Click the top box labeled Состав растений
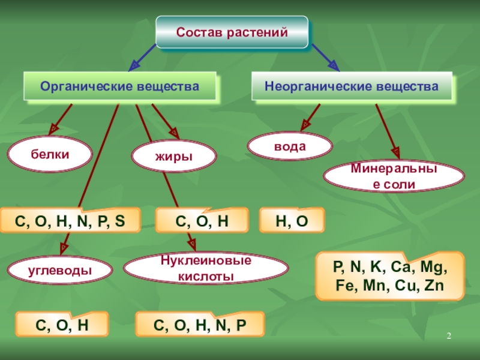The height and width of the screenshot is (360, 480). pyautogui.click(x=232, y=31)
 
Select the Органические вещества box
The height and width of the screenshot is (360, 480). pyautogui.click(x=119, y=87)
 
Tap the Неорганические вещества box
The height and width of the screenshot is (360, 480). pyautogui.click(x=352, y=87)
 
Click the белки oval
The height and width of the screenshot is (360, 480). pyautogui.click(x=50, y=154)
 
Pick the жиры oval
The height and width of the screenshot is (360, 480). pyautogui.click(x=174, y=156)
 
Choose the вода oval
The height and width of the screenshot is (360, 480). pyautogui.click(x=290, y=146)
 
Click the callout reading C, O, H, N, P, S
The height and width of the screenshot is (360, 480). pyautogui.click(x=70, y=220)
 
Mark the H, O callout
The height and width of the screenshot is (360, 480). pyautogui.click(x=292, y=220)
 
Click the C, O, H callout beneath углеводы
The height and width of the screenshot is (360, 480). pyautogui.click(x=62, y=325)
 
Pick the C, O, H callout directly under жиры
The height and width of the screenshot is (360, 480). pyautogui.click(x=202, y=220)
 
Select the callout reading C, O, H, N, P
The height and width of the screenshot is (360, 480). pyautogui.click(x=200, y=325)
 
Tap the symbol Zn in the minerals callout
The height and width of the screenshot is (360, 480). pyautogui.click(x=433, y=286)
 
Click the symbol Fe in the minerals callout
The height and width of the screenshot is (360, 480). pyautogui.click(x=347, y=286)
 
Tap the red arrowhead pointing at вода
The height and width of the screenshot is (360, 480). pyautogui.click(x=306, y=125)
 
